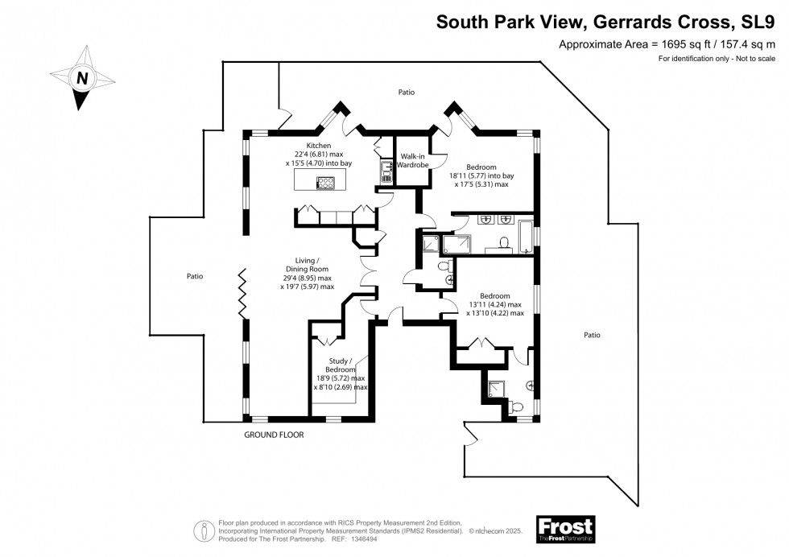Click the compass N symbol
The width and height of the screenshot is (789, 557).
[x=81, y=78]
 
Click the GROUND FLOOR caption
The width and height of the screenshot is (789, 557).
[x=274, y=435]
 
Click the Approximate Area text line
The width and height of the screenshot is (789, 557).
[x=662, y=45]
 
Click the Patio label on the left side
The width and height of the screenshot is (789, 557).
[x=195, y=276]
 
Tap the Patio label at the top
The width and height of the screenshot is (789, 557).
[x=407, y=93]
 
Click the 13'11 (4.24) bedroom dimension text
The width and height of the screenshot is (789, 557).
[x=494, y=304]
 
